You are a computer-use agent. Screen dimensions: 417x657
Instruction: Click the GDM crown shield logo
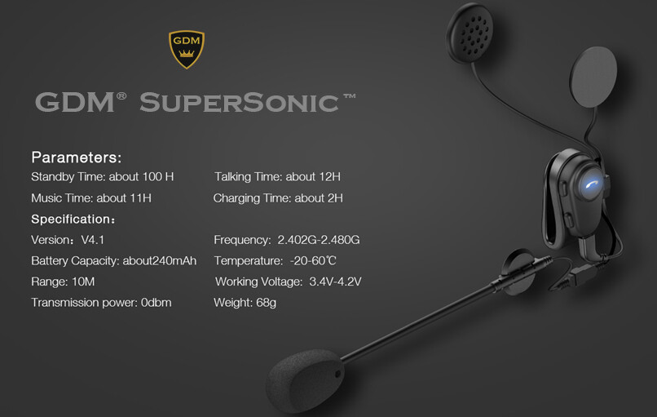point(186,50)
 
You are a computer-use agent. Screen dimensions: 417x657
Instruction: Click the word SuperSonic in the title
point(238,103)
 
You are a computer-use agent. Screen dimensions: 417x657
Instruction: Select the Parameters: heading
point(76,157)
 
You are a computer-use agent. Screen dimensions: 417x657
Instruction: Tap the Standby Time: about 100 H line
point(102,177)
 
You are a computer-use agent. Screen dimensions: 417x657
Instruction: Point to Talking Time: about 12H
point(277,177)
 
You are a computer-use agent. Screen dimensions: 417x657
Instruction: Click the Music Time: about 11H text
point(91,198)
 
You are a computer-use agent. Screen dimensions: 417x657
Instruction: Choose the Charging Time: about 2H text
point(278,198)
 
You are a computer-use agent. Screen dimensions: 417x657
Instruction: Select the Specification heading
point(73,220)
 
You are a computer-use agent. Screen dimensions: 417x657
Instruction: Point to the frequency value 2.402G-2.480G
point(319,240)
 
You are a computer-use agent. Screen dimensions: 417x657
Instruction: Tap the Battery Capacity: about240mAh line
point(113,261)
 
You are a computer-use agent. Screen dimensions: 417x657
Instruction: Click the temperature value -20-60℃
point(313,261)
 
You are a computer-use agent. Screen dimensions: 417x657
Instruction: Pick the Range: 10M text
point(64,282)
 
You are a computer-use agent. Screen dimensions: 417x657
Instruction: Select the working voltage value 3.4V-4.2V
point(335,282)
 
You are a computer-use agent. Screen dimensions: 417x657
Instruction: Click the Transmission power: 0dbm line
point(101,303)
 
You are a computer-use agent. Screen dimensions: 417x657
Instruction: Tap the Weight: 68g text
point(245,303)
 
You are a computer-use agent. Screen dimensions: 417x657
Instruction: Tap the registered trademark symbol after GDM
point(121,96)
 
